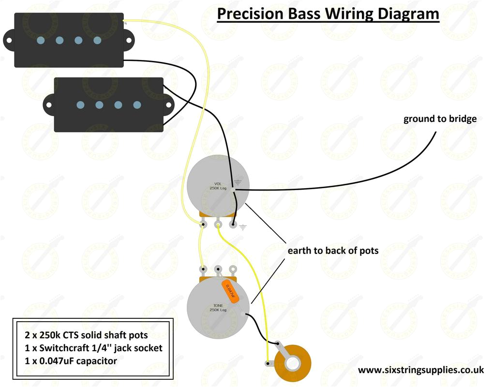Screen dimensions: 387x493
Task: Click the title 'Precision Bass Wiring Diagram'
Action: point(328,14)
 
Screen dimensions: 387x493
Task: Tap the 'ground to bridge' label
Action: point(440,119)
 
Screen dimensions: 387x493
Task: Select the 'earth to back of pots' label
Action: point(333,251)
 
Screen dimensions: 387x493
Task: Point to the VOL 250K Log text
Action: point(218,186)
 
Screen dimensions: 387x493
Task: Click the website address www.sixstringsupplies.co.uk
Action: point(421,370)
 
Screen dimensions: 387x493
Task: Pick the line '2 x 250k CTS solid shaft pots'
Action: point(86,335)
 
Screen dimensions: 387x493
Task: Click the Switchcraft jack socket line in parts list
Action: point(93,348)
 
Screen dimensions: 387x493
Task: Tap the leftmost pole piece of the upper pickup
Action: point(41,40)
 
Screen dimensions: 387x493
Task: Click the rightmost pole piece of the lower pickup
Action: point(137,104)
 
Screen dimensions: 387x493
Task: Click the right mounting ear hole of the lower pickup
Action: point(169,104)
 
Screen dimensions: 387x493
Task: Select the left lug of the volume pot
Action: point(203,224)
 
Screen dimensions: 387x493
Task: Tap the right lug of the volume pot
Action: point(233,224)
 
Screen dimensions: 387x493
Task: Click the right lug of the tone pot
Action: point(233,269)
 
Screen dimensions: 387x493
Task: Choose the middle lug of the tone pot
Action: point(218,269)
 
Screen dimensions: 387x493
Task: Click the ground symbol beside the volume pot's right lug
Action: point(242,226)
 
